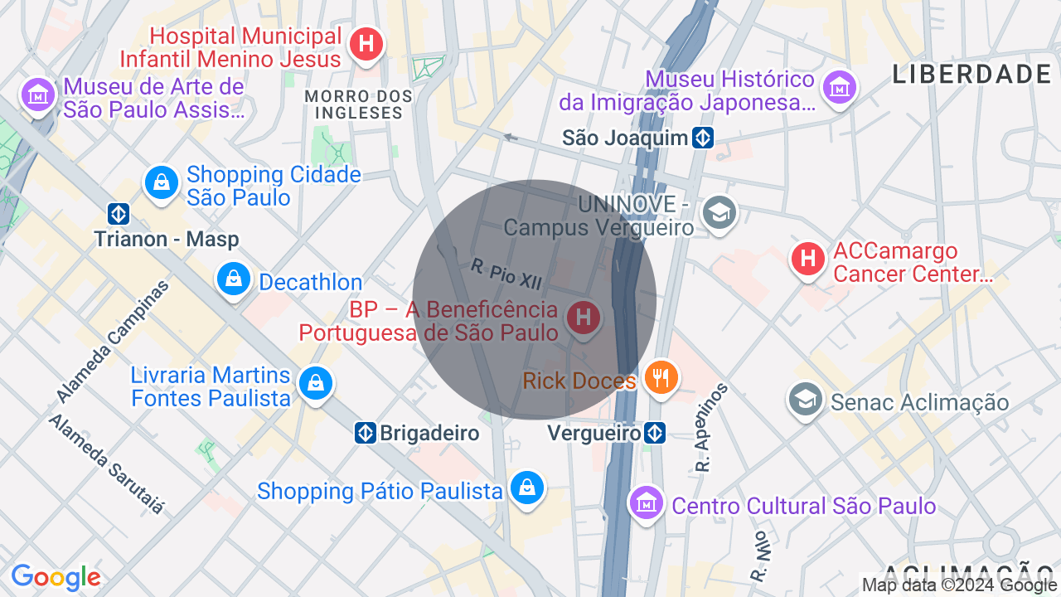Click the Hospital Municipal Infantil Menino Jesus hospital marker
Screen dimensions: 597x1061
[366, 43]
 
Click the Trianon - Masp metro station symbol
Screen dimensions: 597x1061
[119, 214]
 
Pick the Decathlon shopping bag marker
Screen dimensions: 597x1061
[234, 279]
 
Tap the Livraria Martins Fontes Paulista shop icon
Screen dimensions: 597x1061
[315, 383]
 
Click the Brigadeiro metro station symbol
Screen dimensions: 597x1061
[365, 433]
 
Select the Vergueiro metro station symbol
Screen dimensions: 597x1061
[655, 433]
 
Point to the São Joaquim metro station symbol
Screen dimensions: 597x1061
[704, 138]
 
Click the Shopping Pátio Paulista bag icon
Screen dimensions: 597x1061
[527, 488]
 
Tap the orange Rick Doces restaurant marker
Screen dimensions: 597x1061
[661, 378]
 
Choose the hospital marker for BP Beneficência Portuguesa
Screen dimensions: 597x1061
[584, 317]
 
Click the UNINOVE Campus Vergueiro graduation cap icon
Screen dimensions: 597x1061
[719, 213]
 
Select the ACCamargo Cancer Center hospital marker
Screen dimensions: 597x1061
[807, 259]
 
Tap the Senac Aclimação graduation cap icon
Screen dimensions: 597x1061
[805, 400]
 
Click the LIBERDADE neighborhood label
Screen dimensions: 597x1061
[971, 75]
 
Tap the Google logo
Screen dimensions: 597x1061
[56, 578]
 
